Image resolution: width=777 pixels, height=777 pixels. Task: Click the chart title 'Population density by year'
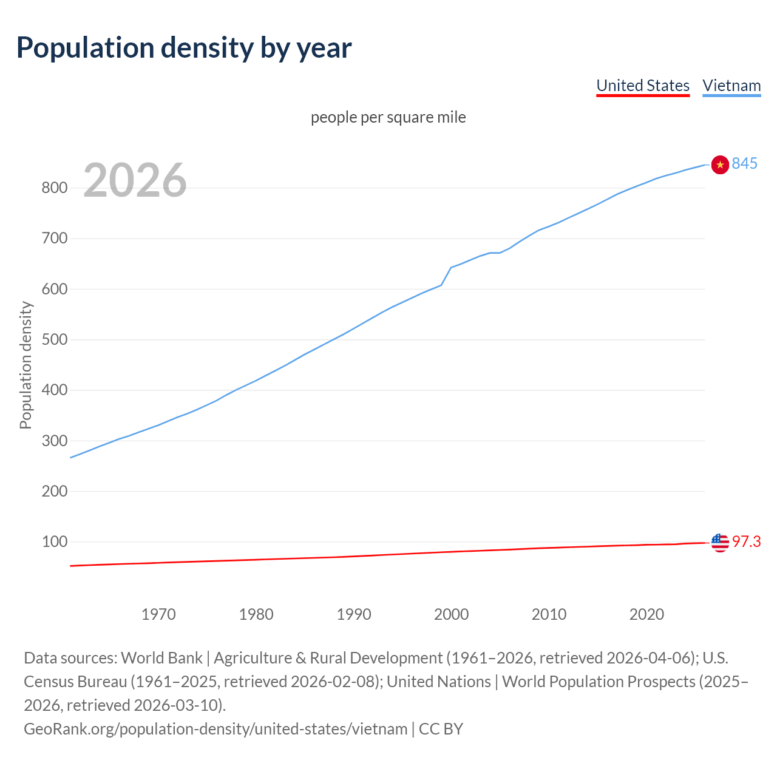tap(184, 48)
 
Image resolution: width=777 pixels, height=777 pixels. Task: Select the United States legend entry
tap(643, 86)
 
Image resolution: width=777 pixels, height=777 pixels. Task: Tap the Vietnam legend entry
tap(731, 86)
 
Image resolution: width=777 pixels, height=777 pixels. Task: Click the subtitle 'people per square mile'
tap(388, 117)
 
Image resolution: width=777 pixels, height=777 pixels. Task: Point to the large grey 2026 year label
tap(135, 180)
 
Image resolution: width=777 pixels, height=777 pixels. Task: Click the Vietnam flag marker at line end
tap(720, 165)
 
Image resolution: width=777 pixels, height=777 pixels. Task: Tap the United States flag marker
tap(720, 542)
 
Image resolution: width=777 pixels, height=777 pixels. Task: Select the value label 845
tap(745, 164)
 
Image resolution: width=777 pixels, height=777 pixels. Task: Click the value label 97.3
tap(746, 541)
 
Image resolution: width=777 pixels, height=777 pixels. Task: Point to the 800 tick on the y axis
tap(54, 188)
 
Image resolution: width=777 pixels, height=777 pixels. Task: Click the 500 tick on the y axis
tap(54, 339)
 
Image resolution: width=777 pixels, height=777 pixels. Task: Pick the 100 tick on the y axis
tap(54, 541)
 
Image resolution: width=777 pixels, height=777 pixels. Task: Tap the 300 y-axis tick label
tap(54, 441)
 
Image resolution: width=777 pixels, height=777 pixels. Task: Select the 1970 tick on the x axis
tap(158, 614)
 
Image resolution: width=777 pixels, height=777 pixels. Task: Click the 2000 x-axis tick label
tap(451, 614)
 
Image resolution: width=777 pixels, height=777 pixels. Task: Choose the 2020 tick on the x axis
tap(646, 614)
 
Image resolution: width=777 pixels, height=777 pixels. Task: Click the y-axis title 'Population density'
tap(25, 365)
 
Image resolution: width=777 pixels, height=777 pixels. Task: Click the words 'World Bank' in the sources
tap(161, 658)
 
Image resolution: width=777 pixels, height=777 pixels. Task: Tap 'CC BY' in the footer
tap(441, 729)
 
